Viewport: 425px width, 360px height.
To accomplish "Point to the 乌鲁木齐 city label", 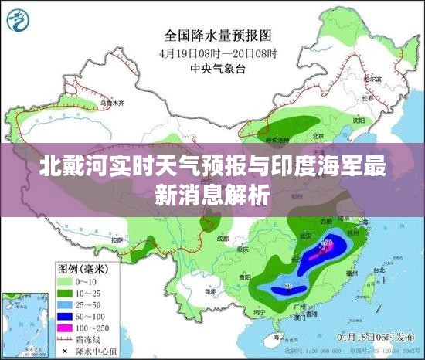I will pos(114,101).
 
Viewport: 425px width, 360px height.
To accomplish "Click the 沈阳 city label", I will pos(356,121).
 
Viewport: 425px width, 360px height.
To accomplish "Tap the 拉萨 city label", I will pos(116,241).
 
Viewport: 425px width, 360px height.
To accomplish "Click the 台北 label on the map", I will pos(379,270).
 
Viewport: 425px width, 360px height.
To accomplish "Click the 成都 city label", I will pos(223,239).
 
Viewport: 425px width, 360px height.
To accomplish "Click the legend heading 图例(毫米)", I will pos(86,269).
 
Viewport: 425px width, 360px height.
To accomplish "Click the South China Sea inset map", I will pos(23,324).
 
